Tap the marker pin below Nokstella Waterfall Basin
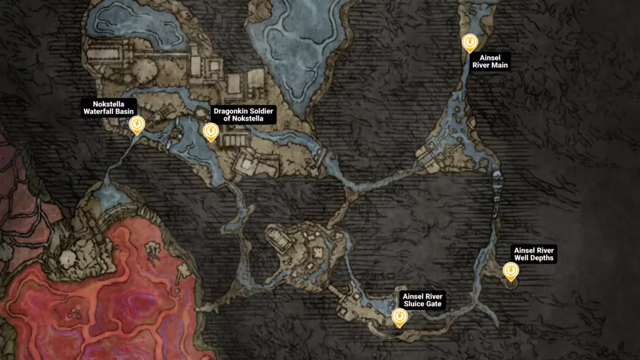click(x=136, y=126)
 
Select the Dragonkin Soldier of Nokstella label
click(x=243, y=114)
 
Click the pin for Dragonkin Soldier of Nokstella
click(x=211, y=131)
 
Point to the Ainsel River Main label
click(x=491, y=61)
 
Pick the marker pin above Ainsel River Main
click(x=469, y=42)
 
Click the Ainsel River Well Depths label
click(x=533, y=253)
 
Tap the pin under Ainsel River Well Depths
click(x=511, y=270)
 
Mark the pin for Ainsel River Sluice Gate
click(x=398, y=317)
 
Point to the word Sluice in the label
click(x=415, y=304)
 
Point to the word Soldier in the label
click(x=264, y=111)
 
